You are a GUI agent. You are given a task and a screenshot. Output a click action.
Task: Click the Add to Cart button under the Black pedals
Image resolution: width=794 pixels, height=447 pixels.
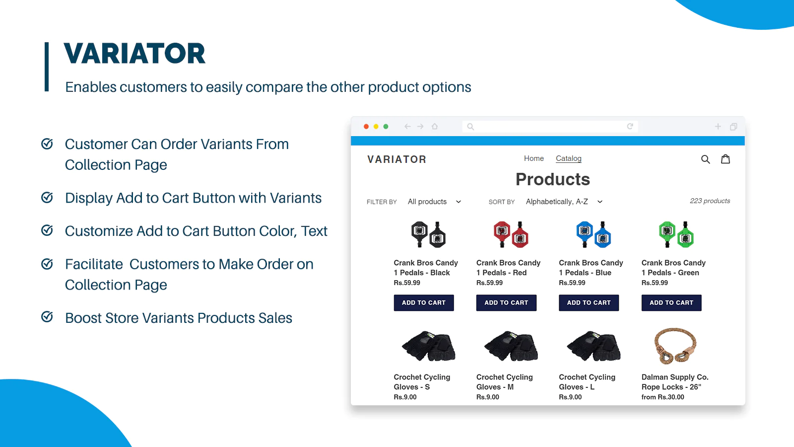pyautogui.click(x=424, y=302)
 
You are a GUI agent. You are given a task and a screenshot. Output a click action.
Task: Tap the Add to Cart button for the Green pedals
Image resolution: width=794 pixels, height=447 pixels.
pyautogui.click(x=671, y=302)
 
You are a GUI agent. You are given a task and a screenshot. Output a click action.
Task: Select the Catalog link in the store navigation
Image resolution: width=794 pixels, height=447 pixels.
pyautogui.click(x=569, y=158)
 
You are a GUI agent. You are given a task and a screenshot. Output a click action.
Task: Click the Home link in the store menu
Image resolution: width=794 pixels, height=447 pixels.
pyautogui.click(x=534, y=158)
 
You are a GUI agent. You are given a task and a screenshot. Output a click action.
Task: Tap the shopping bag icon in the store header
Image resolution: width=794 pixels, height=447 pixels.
pyautogui.click(x=726, y=159)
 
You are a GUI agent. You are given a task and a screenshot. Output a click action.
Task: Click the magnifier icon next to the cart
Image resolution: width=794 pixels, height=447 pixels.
pyautogui.click(x=705, y=159)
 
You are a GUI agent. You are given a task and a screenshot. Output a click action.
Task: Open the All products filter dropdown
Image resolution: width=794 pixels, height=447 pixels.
pyautogui.click(x=434, y=202)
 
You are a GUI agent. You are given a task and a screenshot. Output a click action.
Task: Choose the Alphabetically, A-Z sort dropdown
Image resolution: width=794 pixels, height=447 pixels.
pyautogui.click(x=564, y=202)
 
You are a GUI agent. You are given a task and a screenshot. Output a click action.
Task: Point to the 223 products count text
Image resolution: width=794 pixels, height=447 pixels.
pyautogui.click(x=710, y=201)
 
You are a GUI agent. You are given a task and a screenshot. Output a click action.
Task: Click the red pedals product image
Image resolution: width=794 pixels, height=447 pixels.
pyautogui.click(x=511, y=234)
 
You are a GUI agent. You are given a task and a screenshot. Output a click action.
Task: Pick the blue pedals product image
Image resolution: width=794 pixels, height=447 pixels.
pyautogui.click(x=594, y=234)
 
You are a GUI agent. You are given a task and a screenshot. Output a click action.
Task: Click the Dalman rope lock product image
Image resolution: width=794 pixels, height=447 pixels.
pyautogui.click(x=675, y=346)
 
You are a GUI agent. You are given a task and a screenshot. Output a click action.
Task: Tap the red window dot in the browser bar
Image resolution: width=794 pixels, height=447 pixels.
pyautogui.click(x=366, y=126)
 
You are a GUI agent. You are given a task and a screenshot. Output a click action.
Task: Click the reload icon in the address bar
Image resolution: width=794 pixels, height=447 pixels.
pyautogui.click(x=630, y=126)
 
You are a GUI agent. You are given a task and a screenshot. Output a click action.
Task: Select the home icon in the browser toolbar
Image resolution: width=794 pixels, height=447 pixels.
pyautogui.click(x=435, y=126)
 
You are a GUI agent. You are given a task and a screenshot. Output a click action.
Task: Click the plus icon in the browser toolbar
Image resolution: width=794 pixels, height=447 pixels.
pyautogui.click(x=718, y=126)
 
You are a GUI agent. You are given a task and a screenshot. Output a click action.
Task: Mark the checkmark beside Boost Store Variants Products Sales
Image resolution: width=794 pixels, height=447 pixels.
pyautogui.click(x=47, y=317)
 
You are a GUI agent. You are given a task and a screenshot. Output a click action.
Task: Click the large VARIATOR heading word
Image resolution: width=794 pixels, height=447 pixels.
pyautogui.click(x=134, y=54)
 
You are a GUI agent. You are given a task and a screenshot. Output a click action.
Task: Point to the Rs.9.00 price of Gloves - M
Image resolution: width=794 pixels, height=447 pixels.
pyautogui.click(x=488, y=397)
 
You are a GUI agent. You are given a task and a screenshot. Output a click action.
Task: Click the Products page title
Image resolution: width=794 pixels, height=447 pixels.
pyautogui.click(x=553, y=179)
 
